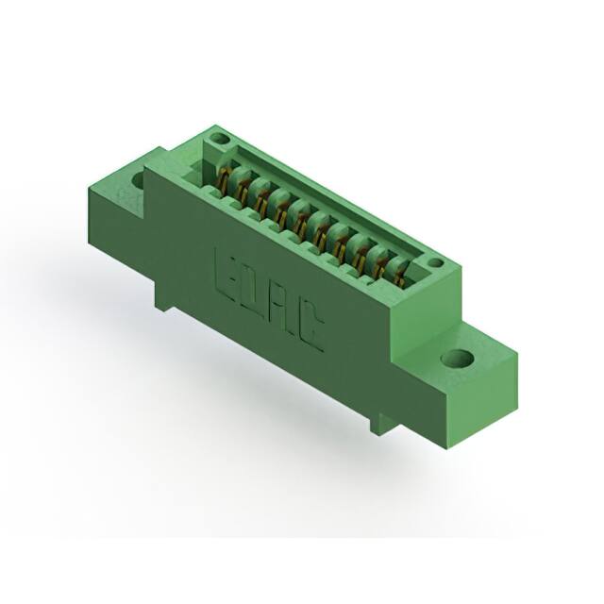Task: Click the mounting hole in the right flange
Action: pyautogui.click(x=458, y=359)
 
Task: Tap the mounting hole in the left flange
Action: pyautogui.click(x=138, y=179)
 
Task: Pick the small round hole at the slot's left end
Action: pyautogui.click(x=219, y=141)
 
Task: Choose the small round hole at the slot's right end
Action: pyautogui.click(x=434, y=263)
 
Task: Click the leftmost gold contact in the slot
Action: pyautogui.click(x=225, y=179)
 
